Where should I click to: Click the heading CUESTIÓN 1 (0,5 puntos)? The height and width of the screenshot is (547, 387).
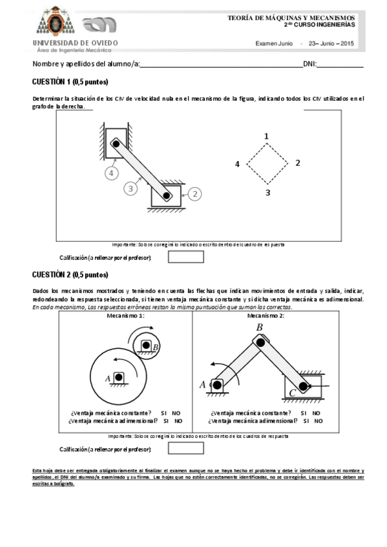click(70, 82)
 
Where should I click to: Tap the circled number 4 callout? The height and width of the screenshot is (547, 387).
click(112, 173)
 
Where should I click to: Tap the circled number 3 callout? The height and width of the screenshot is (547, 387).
click(131, 188)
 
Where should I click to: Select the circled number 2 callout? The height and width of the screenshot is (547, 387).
click(194, 193)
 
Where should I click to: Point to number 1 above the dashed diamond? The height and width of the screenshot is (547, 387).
click(266, 136)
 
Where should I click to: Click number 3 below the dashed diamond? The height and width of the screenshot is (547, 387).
click(267, 192)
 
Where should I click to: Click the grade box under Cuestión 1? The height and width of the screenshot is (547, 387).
click(185, 257)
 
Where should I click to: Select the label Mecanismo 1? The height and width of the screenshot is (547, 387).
click(125, 316)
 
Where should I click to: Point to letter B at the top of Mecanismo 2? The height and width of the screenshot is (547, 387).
click(259, 328)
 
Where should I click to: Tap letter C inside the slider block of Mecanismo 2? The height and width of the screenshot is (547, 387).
click(293, 392)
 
